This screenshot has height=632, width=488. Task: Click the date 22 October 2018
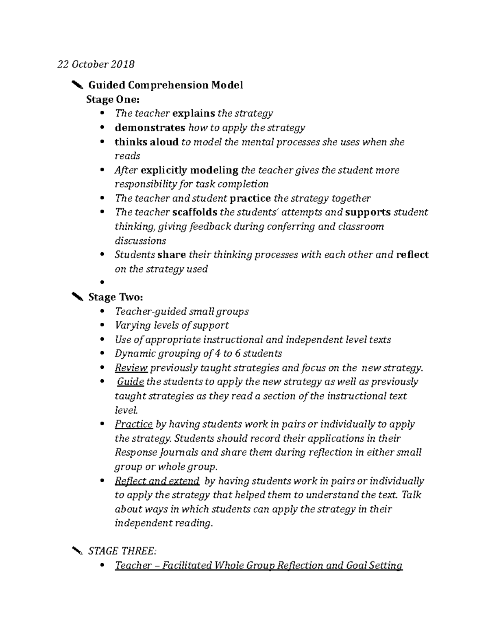click(x=96, y=64)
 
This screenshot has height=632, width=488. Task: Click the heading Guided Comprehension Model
click(x=166, y=85)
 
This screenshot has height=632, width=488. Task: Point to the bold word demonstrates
click(x=150, y=127)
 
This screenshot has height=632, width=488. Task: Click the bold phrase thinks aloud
click(x=146, y=142)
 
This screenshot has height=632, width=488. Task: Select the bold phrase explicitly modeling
click(x=189, y=170)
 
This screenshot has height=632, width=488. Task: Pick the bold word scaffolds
click(x=194, y=212)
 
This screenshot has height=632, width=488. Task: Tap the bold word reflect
click(x=412, y=255)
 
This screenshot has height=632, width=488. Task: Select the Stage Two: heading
click(x=115, y=297)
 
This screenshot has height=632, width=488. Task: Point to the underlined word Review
click(x=131, y=368)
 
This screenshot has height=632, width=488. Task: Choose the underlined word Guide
click(x=130, y=382)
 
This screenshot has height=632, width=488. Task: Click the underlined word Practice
click(x=133, y=424)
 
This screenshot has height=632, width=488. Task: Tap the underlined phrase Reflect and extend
click(x=157, y=481)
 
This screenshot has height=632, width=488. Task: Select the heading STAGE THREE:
click(x=122, y=551)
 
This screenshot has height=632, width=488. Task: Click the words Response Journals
click(x=157, y=452)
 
